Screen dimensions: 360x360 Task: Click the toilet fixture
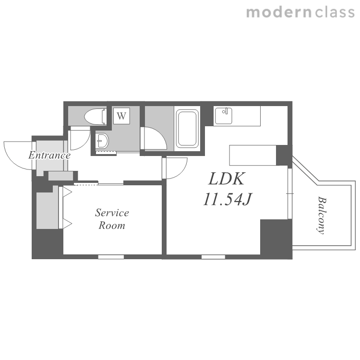[x=96, y=117]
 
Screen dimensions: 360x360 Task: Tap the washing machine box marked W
[x=121, y=116]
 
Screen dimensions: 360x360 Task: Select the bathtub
[x=187, y=128]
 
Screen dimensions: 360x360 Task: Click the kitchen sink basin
[x=223, y=116]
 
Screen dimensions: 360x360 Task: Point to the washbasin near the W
[x=102, y=141]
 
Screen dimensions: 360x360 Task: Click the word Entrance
[x=49, y=156]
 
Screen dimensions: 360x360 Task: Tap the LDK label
[x=227, y=179]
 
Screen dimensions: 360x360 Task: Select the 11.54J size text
[x=228, y=199]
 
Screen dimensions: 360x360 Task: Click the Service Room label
[x=112, y=219]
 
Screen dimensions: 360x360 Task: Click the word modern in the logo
[x=279, y=12]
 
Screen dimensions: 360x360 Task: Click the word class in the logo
[x=335, y=12]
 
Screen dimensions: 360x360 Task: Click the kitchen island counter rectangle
[x=252, y=155]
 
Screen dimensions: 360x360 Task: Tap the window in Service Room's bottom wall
[x=111, y=257]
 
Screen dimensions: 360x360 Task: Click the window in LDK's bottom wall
[x=213, y=257]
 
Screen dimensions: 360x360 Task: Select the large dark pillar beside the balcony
[x=276, y=239]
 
